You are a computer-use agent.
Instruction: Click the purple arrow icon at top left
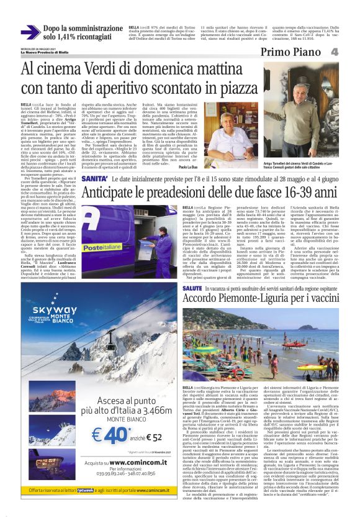tap(30, 31)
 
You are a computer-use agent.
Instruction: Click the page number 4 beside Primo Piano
tap(351, 52)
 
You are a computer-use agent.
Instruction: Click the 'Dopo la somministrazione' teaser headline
tap(81, 28)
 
